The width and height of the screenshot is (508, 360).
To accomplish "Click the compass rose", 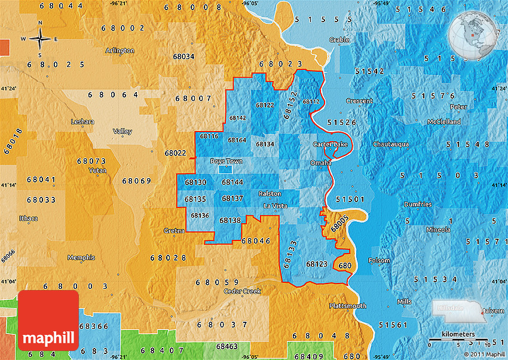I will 40,39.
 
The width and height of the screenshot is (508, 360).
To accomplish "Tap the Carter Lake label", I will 330,144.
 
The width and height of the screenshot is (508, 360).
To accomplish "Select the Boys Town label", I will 227,161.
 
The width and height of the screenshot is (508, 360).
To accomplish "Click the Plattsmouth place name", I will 347,306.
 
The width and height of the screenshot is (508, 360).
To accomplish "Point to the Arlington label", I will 120,50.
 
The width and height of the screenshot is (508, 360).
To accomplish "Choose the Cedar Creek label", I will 242,291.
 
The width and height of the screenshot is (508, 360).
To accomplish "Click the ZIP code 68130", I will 195,182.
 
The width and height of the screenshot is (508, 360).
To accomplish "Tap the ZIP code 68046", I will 256,240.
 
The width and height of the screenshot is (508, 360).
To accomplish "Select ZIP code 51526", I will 342,123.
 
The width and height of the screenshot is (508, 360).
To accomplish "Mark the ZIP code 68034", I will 183,57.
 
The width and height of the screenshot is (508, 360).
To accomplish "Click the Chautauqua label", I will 390,144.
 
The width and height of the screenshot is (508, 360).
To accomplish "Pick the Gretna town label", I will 174,230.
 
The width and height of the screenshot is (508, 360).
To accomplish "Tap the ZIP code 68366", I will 94,326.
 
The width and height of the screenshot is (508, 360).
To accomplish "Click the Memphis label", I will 81,258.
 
